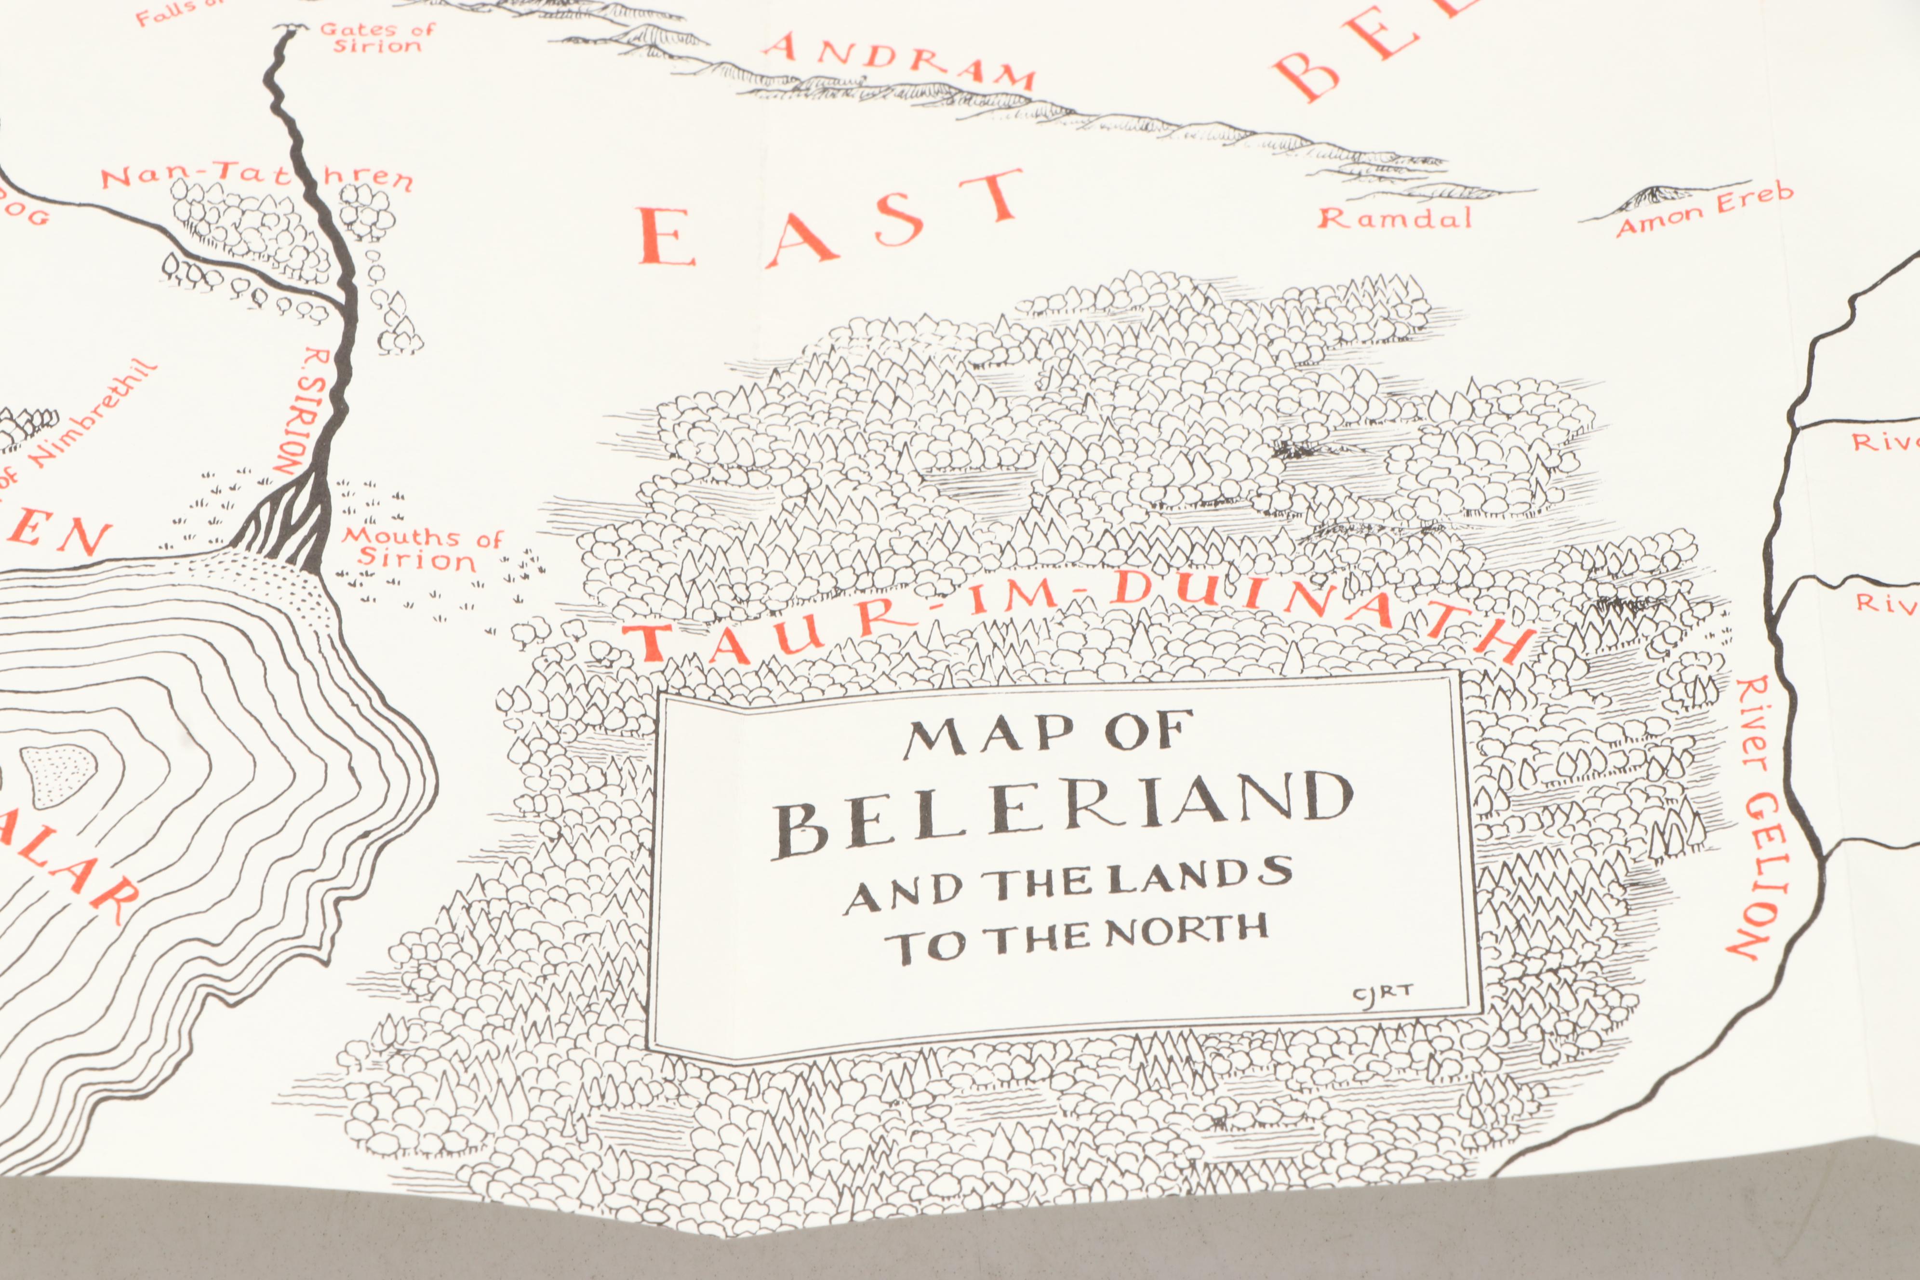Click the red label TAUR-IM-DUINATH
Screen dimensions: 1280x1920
click(x=1078, y=614)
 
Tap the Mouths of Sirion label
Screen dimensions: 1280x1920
click(x=420, y=548)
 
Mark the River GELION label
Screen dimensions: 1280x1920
click(x=1755, y=816)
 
